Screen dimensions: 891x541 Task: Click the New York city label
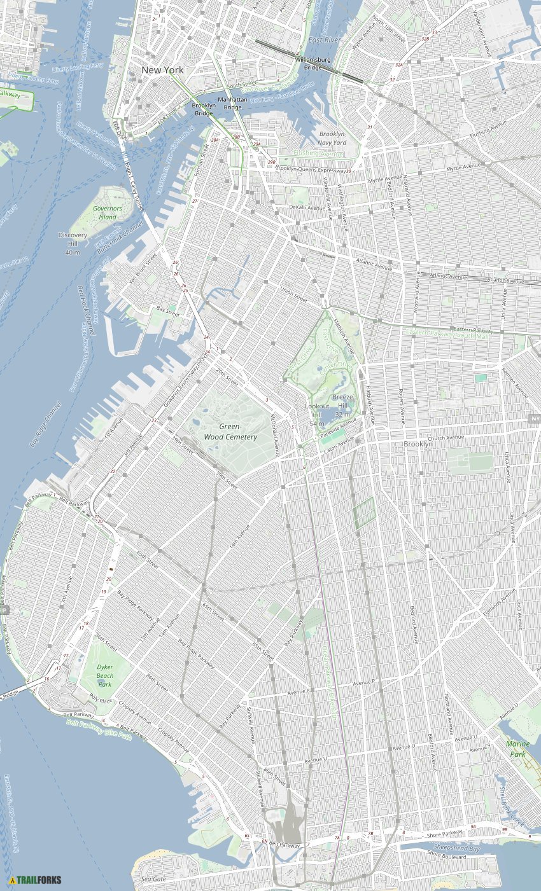pyautogui.click(x=162, y=70)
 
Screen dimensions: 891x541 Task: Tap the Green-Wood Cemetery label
pyautogui.click(x=230, y=432)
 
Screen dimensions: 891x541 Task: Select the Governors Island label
pyautogui.click(x=107, y=212)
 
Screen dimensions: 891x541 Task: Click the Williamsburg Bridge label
pyautogui.click(x=313, y=63)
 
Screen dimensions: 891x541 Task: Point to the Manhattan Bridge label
pyautogui.click(x=232, y=104)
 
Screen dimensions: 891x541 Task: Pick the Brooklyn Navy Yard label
pyautogui.click(x=332, y=138)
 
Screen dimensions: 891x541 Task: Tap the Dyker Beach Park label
pyautogui.click(x=105, y=675)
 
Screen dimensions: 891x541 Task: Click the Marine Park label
pyautogui.click(x=517, y=749)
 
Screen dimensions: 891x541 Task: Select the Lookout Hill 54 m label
pyautogui.click(x=317, y=415)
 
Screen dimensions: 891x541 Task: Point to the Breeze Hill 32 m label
pyautogui.click(x=342, y=406)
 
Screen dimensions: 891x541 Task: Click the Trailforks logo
pyautogui.click(x=36, y=880)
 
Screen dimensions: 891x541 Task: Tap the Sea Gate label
pyautogui.click(x=153, y=878)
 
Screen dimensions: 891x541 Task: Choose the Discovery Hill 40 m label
pyautogui.click(x=73, y=244)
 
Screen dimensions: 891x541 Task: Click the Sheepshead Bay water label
pyautogui.click(x=457, y=848)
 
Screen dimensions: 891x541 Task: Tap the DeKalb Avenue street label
pyautogui.click(x=307, y=207)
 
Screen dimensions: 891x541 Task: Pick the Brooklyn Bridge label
pyautogui.click(x=204, y=109)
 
